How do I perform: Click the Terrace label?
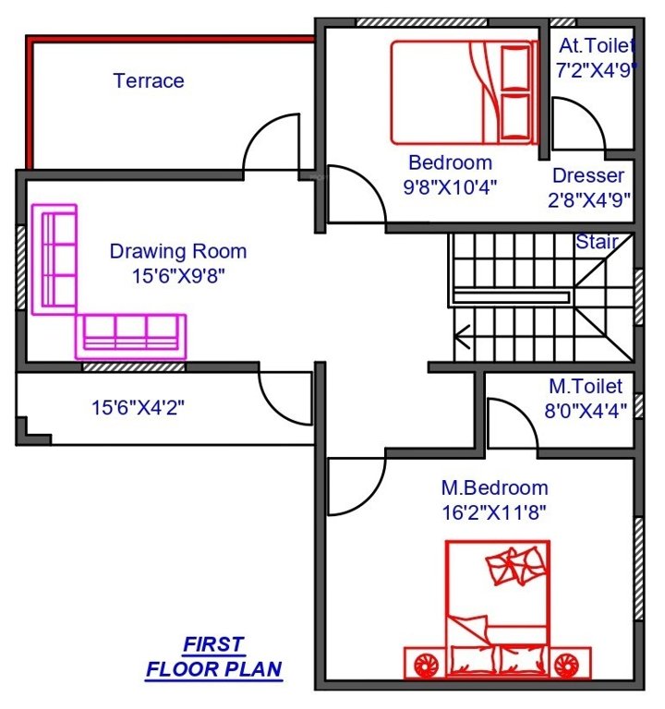[x=149, y=80]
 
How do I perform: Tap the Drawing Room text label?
[x=178, y=250]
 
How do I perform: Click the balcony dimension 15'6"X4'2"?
[x=139, y=407]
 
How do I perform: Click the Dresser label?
[x=588, y=174]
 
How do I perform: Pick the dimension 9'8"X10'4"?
[x=451, y=186]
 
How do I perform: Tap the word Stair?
[x=597, y=242]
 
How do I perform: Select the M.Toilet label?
[x=586, y=386]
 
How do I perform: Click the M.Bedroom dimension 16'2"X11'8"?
[x=493, y=511]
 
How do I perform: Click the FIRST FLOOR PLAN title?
[x=213, y=656]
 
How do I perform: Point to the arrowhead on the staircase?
[x=463, y=339]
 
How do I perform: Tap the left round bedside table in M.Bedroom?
[x=426, y=663]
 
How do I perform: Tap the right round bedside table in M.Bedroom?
[x=568, y=663]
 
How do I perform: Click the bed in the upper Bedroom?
[x=462, y=92]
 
